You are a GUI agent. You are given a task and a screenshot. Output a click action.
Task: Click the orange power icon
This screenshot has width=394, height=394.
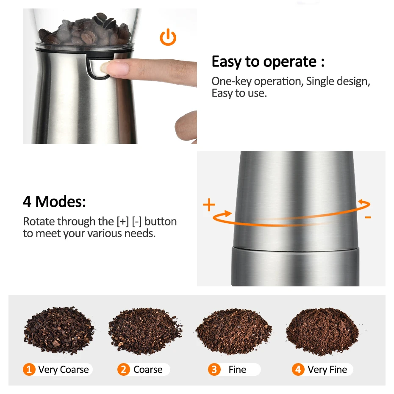click(x=168, y=38)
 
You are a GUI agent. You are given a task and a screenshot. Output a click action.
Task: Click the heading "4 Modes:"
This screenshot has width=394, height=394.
click(x=54, y=201)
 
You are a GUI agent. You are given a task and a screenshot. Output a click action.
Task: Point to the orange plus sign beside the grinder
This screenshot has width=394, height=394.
click(x=209, y=205)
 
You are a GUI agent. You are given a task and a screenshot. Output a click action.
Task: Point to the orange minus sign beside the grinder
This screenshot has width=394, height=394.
click(x=368, y=217)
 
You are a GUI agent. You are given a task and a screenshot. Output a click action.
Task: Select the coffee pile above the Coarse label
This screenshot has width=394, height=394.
click(x=145, y=330)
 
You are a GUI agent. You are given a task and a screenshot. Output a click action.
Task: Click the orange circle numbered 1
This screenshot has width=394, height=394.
click(x=29, y=369)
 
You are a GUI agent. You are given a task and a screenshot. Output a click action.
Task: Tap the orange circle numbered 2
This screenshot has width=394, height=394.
click(x=124, y=369)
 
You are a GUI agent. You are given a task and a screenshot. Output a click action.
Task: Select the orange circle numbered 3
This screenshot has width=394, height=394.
click(x=214, y=369)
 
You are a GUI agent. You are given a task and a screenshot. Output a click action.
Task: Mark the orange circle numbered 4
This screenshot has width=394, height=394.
click(x=298, y=369)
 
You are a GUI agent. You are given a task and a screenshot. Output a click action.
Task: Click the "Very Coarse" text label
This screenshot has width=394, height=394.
click(x=64, y=369)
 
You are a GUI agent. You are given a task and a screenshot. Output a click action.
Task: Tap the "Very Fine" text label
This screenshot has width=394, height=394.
click(x=327, y=369)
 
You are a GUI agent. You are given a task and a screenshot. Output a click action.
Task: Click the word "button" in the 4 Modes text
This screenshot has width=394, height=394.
click(x=161, y=221)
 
